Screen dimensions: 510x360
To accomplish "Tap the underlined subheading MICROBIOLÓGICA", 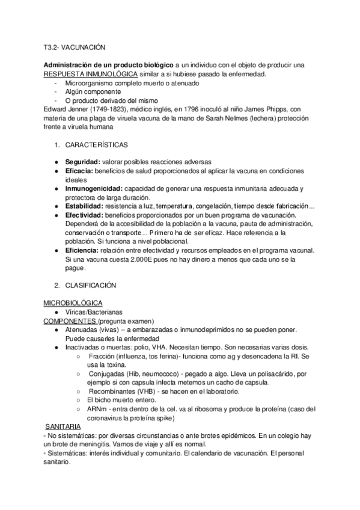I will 73,303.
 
